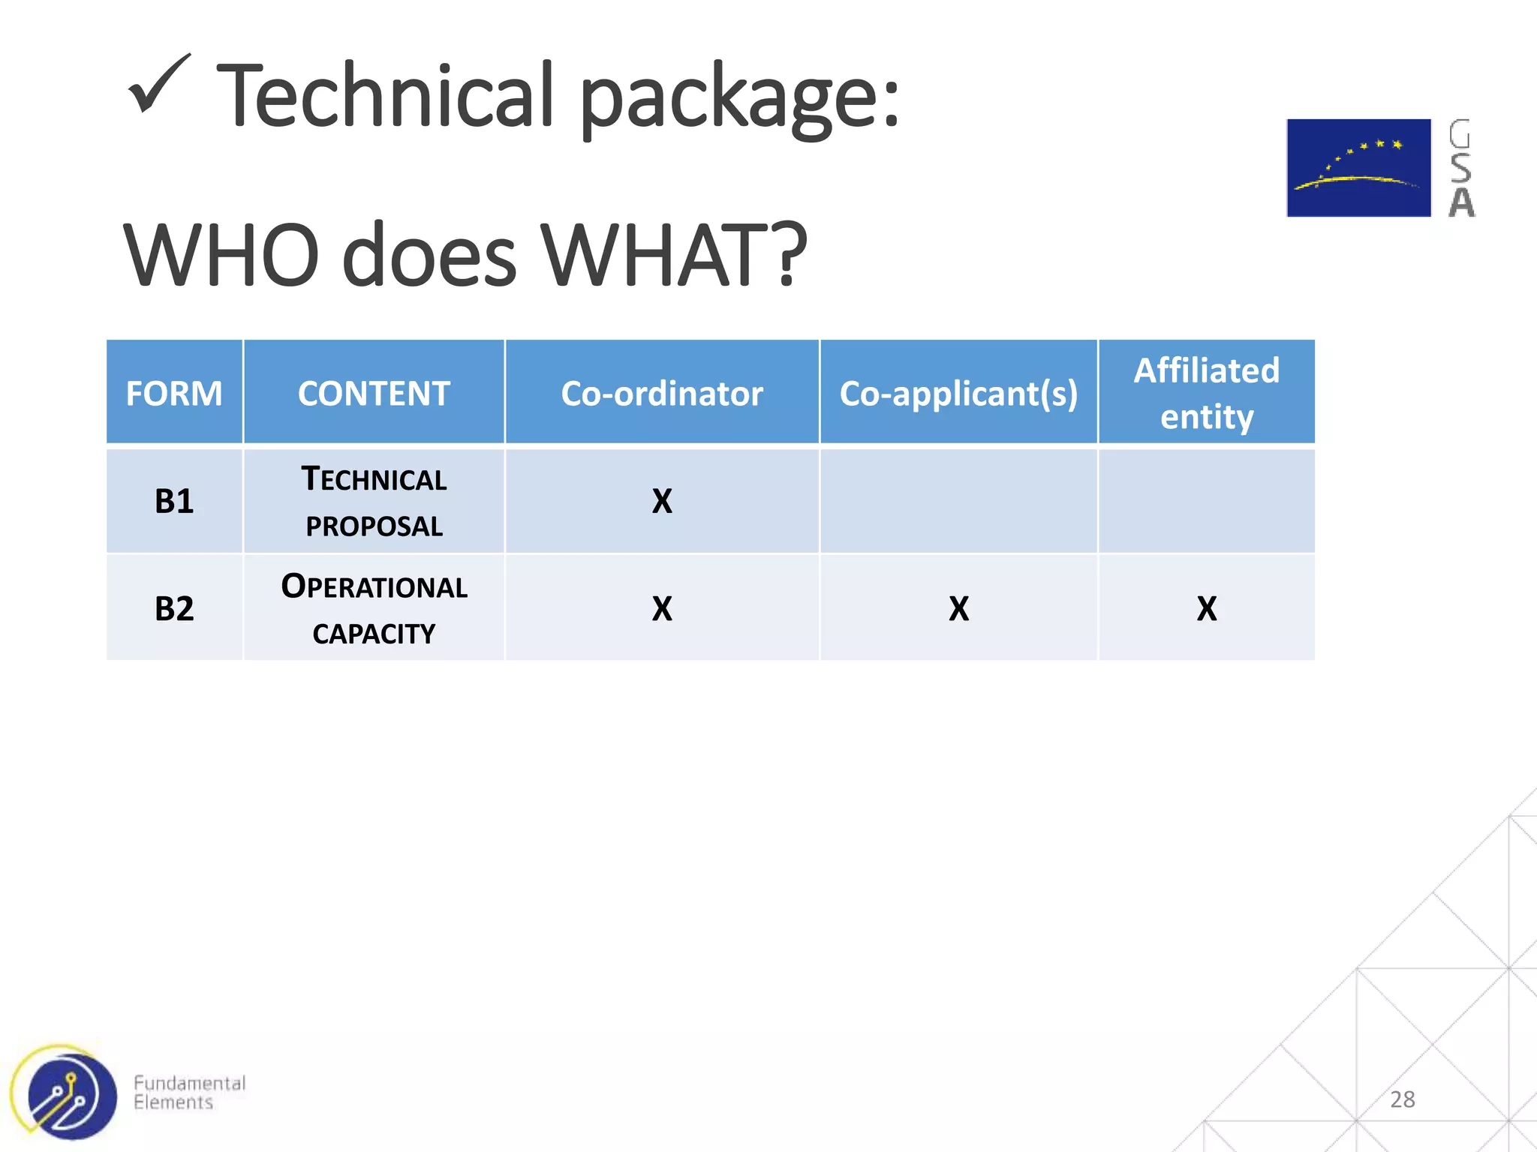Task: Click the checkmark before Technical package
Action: pyautogui.click(x=158, y=86)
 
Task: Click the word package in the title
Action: pyautogui.click(x=738, y=97)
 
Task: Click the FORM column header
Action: pyautogui.click(x=174, y=393)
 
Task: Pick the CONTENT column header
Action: pyautogui.click(x=374, y=393)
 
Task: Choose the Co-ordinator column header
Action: pyautogui.click(x=662, y=393)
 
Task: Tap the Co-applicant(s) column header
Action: pyautogui.click(x=958, y=393)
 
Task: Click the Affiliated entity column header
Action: pyautogui.click(x=1206, y=393)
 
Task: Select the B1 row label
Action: pyautogui.click(x=174, y=501)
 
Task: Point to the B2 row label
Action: pyautogui.click(x=174, y=608)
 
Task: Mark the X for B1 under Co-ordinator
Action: pyautogui.click(x=662, y=501)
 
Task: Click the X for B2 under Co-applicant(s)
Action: pyautogui.click(x=958, y=608)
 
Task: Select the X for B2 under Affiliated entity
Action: pyautogui.click(x=1206, y=608)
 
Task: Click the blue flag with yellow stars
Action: pyautogui.click(x=1358, y=168)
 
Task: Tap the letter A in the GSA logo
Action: pyautogui.click(x=1460, y=202)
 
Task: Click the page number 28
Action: pyautogui.click(x=1402, y=1099)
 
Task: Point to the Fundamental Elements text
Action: pyautogui.click(x=189, y=1093)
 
